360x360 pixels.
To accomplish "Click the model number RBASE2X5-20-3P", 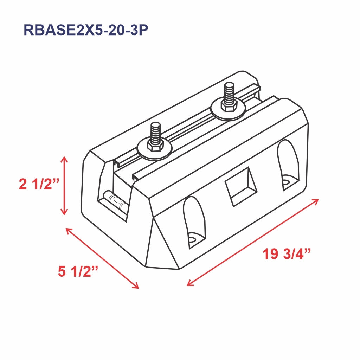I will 85,30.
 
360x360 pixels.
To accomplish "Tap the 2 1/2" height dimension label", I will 39,184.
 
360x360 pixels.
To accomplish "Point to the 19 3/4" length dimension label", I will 287,254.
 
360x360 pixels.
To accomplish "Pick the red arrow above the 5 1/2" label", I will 102,258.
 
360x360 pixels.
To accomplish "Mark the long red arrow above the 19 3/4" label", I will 253,242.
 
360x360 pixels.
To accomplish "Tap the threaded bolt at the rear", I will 229,93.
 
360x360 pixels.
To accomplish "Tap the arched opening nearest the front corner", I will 194,222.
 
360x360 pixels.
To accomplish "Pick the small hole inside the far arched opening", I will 287,182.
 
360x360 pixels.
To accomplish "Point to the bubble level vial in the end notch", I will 113,199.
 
